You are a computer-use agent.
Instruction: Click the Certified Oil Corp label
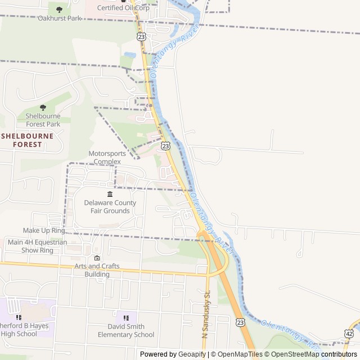click(123, 8)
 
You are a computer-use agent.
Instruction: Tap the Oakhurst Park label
click(60, 18)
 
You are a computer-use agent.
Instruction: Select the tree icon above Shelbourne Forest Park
click(43, 107)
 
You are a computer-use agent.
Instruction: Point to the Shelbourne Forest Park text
click(43, 120)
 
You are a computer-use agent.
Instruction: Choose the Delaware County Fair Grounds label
click(110, 206)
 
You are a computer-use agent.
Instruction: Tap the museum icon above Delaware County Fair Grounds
click(110, 194)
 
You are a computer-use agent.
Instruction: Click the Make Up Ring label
click(44, 231)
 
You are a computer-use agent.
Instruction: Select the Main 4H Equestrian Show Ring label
click(37, 246)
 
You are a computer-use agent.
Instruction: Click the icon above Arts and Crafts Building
click(97, 258)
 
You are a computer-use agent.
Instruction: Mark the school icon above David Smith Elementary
click(126, 318)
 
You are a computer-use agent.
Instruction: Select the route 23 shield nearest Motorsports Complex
click(165, 146)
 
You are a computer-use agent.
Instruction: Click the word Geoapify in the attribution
click(192, 354)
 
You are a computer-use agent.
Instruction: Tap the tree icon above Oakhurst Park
click(59, 10)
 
